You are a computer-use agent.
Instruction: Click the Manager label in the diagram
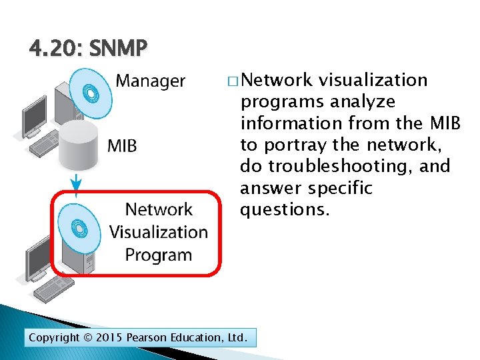(151, 81)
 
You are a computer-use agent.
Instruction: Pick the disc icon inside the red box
(79, 228)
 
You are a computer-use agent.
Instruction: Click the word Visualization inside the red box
(159, 233)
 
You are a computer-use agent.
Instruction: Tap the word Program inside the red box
(159, 255)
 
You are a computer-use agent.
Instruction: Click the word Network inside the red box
(159, 210)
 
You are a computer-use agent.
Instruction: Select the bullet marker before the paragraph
(232, 81)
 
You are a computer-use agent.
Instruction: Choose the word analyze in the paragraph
(362, 102)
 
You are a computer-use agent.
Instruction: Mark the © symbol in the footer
(87, 338)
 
